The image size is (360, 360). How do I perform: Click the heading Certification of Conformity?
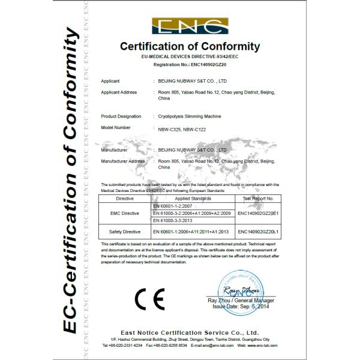[190, 46]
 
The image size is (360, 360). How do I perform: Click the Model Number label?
[116, 128]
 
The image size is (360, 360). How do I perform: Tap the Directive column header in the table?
[125, 197]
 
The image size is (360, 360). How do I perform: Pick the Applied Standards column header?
[192, 197]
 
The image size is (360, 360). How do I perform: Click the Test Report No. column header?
[257, 197]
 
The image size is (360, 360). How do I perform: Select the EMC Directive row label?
[125, 212]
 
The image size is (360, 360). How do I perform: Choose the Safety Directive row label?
[125, 230]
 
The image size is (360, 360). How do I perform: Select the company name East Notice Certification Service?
[189, 332]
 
